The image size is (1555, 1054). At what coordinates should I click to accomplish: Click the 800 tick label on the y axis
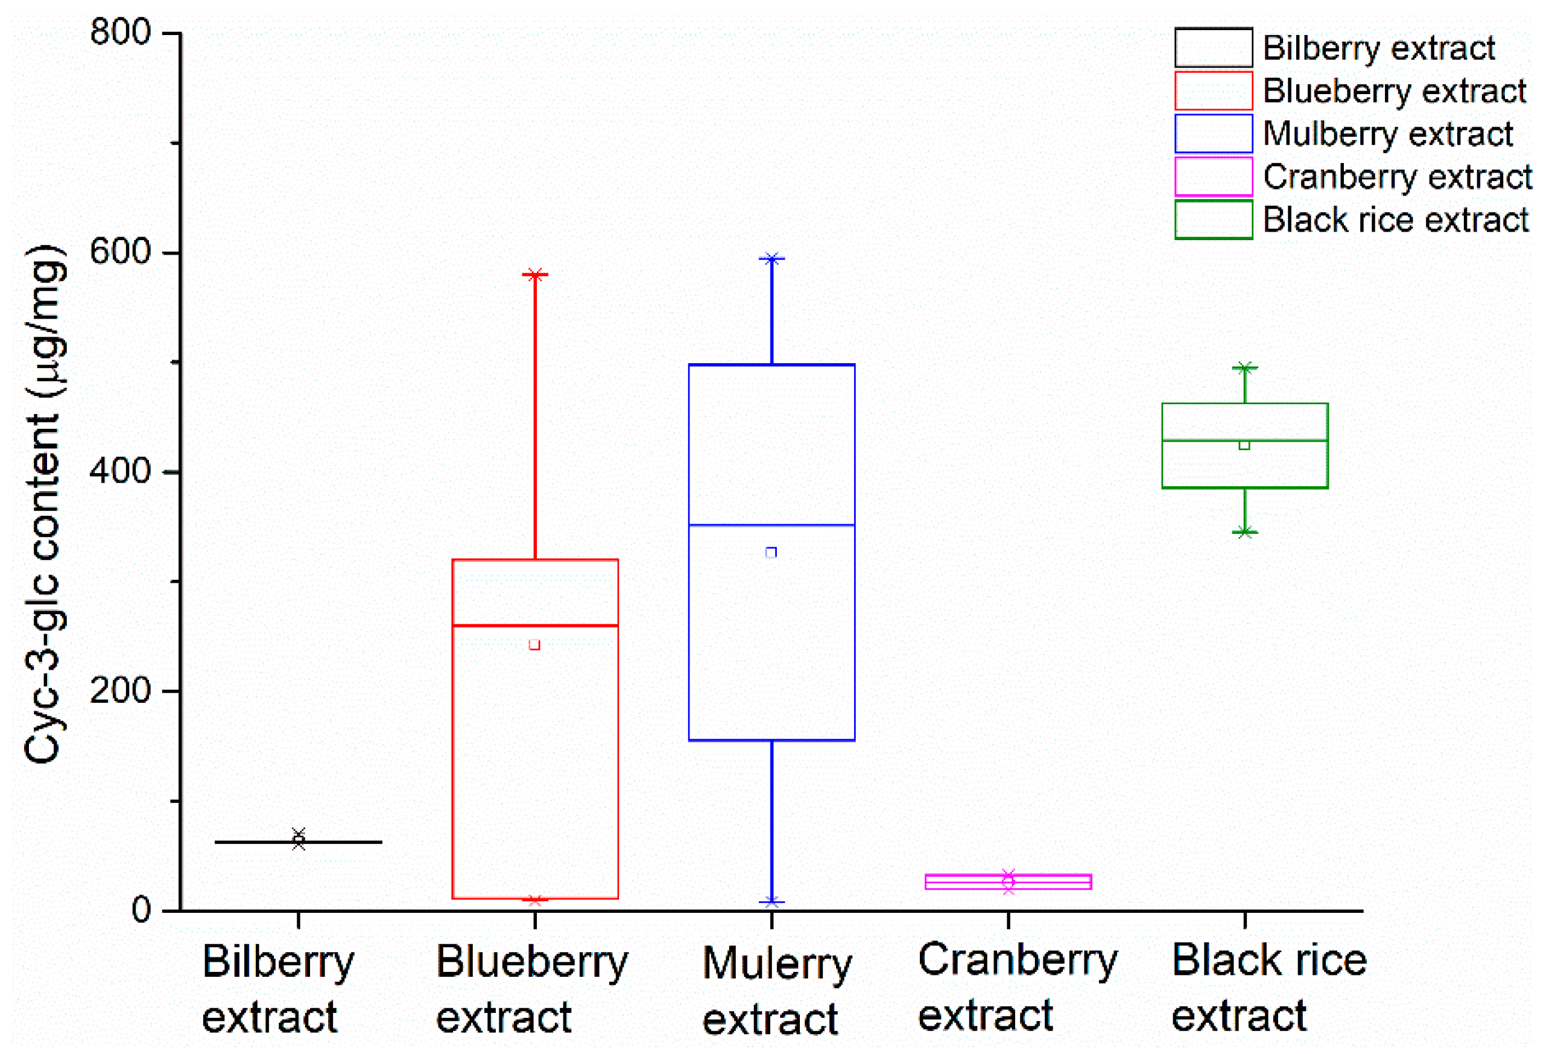(x=121, y=32)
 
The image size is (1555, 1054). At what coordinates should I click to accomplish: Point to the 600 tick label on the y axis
(x=121, y=252)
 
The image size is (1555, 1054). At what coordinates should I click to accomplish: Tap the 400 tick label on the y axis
(x=121, y=471)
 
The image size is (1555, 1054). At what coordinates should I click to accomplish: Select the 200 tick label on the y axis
(x=121, y=690)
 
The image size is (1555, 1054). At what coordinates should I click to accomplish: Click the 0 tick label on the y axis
(x=141, y=909)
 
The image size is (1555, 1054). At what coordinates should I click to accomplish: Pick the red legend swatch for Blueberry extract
(x=1213, y=90)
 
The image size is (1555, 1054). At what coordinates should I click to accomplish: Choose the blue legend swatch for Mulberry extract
(x=1213, y=133)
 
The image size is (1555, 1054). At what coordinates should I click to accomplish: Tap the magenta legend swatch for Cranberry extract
(x=1213, y=176)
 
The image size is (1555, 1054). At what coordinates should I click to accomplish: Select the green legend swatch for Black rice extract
(x=1213, y=220)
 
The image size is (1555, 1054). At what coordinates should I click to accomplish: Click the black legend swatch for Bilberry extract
(x=1213, y=48)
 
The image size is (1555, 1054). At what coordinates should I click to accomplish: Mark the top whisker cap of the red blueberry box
(x=535, y=275)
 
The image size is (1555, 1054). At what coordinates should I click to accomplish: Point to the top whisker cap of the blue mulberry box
(x=771, y=258)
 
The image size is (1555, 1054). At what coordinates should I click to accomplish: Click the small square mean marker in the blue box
(x=771, y=552)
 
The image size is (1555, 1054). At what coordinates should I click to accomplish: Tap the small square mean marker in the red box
(x=534, y=644)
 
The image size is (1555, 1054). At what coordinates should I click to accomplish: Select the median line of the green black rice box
(x=1244, y=440)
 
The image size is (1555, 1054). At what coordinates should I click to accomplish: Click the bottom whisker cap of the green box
(x=1244, y=532)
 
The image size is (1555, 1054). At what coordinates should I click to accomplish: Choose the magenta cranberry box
(x=1008, y=881)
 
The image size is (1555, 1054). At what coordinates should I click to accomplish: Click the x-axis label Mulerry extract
(x=776, y=991)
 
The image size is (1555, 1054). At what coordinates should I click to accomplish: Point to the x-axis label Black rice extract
(x=1268, y=987)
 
